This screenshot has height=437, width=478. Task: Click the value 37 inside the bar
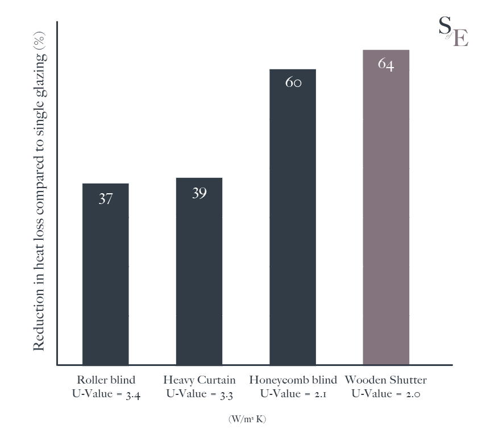click(106, 199)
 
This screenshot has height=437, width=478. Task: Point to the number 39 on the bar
click(199, 193)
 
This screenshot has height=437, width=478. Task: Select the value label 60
click(293, 82)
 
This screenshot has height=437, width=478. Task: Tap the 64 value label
click(386, 64)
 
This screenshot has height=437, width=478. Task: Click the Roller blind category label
click(106, 380)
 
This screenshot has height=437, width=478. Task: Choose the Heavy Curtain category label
click(199, 380)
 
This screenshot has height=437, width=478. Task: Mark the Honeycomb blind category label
click(293, 380)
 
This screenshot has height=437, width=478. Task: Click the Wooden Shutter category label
click(386, 380)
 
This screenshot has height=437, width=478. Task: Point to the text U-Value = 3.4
click(106, 394)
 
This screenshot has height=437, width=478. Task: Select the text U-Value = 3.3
click(199, 394)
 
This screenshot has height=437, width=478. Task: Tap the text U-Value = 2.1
click(293, 394)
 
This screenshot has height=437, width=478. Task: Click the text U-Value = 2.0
click(386, 394)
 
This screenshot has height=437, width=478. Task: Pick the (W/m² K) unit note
click(247, 419)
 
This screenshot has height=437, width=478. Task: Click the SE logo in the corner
click(453, 31)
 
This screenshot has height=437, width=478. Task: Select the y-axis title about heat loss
click(40, 193)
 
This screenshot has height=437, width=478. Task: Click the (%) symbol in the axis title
click(40, 43)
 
